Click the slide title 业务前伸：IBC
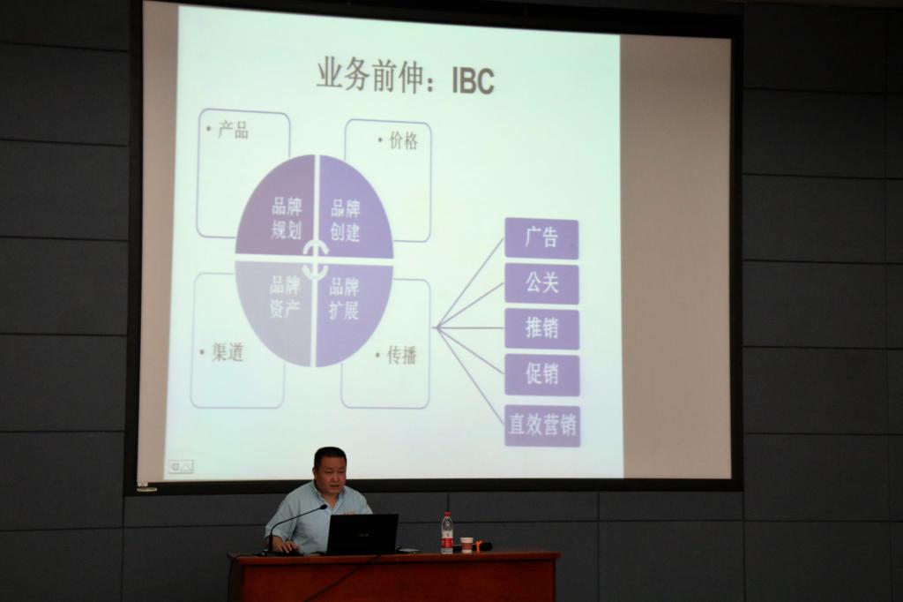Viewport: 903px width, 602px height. tap(406, 77)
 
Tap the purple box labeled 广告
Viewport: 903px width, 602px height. tap(541, 238)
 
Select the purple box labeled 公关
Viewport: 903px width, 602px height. tap(541, 283)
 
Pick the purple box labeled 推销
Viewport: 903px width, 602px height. tap(541, 328)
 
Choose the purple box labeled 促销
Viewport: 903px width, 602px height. tap(542, 374)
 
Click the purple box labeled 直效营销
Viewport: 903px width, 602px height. tap(542, 425)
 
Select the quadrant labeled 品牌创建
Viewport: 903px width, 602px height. tap(353, 210)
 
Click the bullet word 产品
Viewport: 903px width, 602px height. tap(233, 131)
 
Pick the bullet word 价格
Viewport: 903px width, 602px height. tap(403, 140)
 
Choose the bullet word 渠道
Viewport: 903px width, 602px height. tap(228, 351)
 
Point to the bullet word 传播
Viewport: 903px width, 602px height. tap(401, 355)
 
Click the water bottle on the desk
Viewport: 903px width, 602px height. tap(447, 533)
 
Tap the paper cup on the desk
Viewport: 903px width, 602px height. tap(466, 545)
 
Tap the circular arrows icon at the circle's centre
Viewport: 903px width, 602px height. tap(316, 259)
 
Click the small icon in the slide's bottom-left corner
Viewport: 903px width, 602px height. tap(180, 466)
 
